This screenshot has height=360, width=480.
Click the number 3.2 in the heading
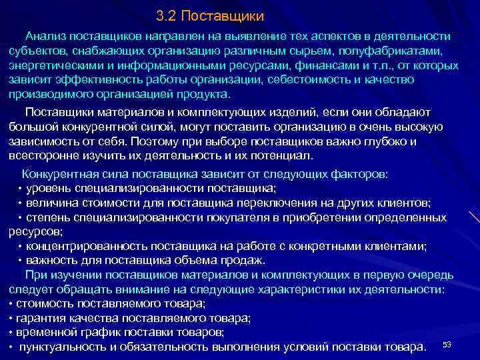click(x=167, y=15)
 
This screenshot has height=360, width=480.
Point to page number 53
click(x=447, y=344)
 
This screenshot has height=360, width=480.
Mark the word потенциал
click(x=279, y=156)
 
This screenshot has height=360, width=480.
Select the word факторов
click(x=360, y=174)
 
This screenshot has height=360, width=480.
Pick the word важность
click(x=51, y=260)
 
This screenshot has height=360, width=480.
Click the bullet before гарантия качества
click(x=11, y=318)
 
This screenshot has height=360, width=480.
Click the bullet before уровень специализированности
click(x=20, y=189)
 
